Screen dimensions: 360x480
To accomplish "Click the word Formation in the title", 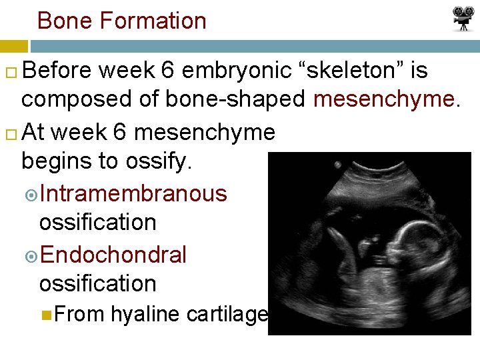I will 153,21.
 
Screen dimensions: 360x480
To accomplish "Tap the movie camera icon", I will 462,19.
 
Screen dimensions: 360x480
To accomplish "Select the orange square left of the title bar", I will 13,47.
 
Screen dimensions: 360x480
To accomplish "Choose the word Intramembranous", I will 133,193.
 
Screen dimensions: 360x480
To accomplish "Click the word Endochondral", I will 113,255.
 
